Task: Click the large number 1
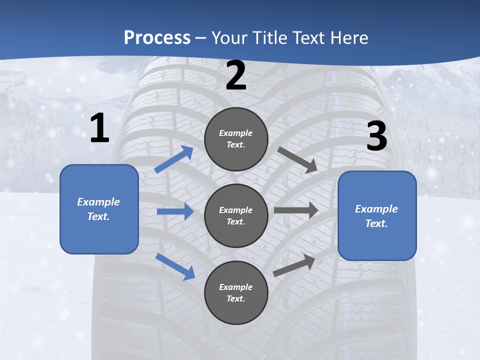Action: [99, 129]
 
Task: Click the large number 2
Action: [236, 76]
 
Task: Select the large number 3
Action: [376, 136]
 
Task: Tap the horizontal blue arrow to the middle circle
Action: [175, 211]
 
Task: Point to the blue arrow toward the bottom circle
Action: [175, 266]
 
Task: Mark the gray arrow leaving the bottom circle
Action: [294, 265]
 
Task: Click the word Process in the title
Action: [157, 37]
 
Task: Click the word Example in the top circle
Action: [236, 133]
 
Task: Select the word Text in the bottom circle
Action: [235, 298]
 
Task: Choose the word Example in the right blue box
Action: [376, 209]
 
